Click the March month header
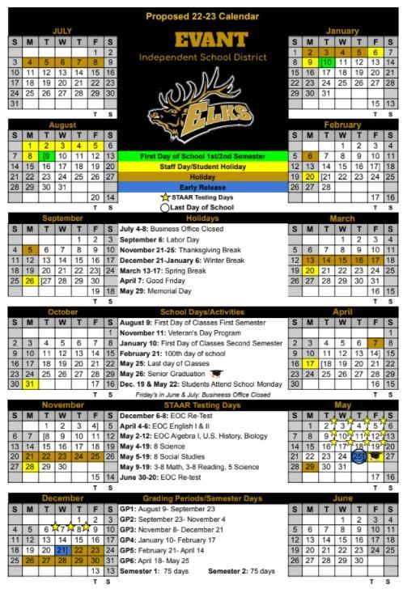(x=342, y=218)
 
